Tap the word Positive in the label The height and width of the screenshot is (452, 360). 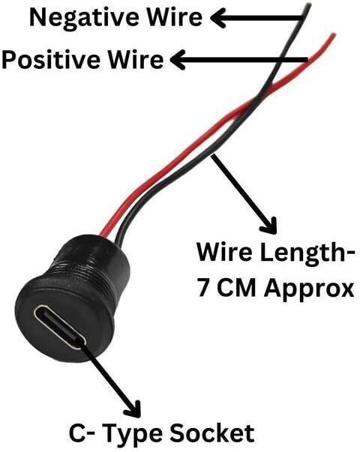click(51, 60)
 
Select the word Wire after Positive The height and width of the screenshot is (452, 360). click(136, 60)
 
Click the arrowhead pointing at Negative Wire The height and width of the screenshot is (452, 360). click(219, 18)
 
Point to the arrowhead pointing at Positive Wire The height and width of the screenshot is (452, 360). click(178, 60)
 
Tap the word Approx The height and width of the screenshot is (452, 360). click(309, 289)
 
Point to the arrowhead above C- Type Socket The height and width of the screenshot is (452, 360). click(133, 409)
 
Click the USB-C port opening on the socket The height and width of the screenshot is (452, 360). click(60, 327)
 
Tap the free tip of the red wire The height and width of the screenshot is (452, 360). click(334, 34)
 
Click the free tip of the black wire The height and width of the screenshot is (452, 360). click(310, 4)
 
